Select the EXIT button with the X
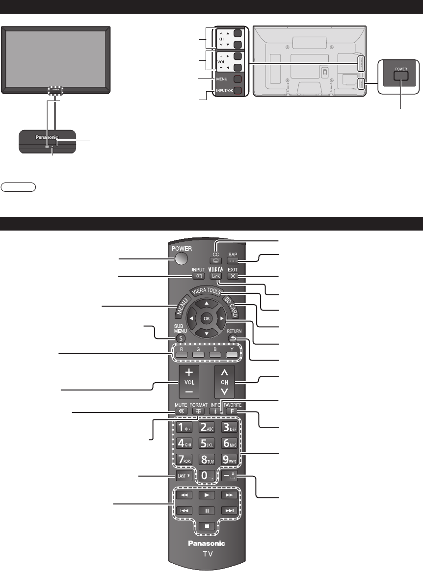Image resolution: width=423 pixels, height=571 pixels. point(233,276)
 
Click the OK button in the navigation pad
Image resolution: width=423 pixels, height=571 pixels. point(206,317)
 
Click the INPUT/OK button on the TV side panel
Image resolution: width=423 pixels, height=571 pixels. point(237,91)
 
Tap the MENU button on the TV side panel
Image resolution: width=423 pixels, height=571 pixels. point(237,79)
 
